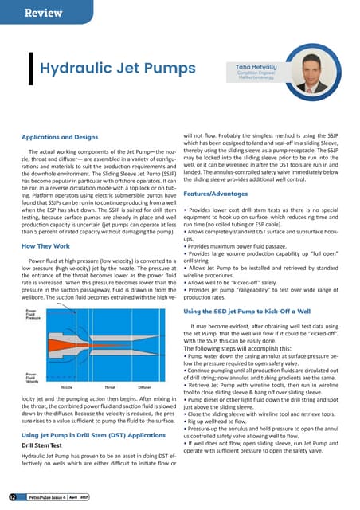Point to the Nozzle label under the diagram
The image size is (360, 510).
coord(68,384)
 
